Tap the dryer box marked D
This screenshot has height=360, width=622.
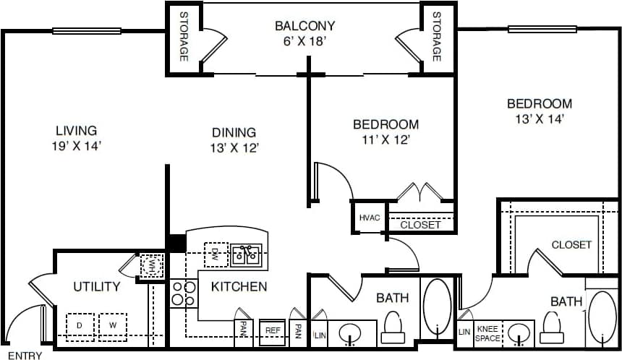[x=79, y=325]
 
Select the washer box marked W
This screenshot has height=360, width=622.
[x=113, y=325]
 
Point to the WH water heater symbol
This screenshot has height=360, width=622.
[x=151, y=265]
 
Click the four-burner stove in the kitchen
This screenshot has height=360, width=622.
[x=183, y=293]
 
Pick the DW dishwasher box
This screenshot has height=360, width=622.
[x=216, y=254]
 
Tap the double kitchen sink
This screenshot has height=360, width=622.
[x=246, y=254]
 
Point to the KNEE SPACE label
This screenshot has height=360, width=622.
[x=487, y=333]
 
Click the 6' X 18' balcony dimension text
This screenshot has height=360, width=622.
[x=305, y=41]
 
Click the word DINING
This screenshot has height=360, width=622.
[x=234, y=132]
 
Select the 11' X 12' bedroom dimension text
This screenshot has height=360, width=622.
[x=385, y=140]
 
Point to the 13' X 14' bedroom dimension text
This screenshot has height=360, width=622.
[x=539, y=119]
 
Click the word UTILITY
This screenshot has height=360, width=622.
[x=96, y=286]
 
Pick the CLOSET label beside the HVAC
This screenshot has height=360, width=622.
[x=420, y=225]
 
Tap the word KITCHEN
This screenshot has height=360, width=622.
[x=239, y=286]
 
